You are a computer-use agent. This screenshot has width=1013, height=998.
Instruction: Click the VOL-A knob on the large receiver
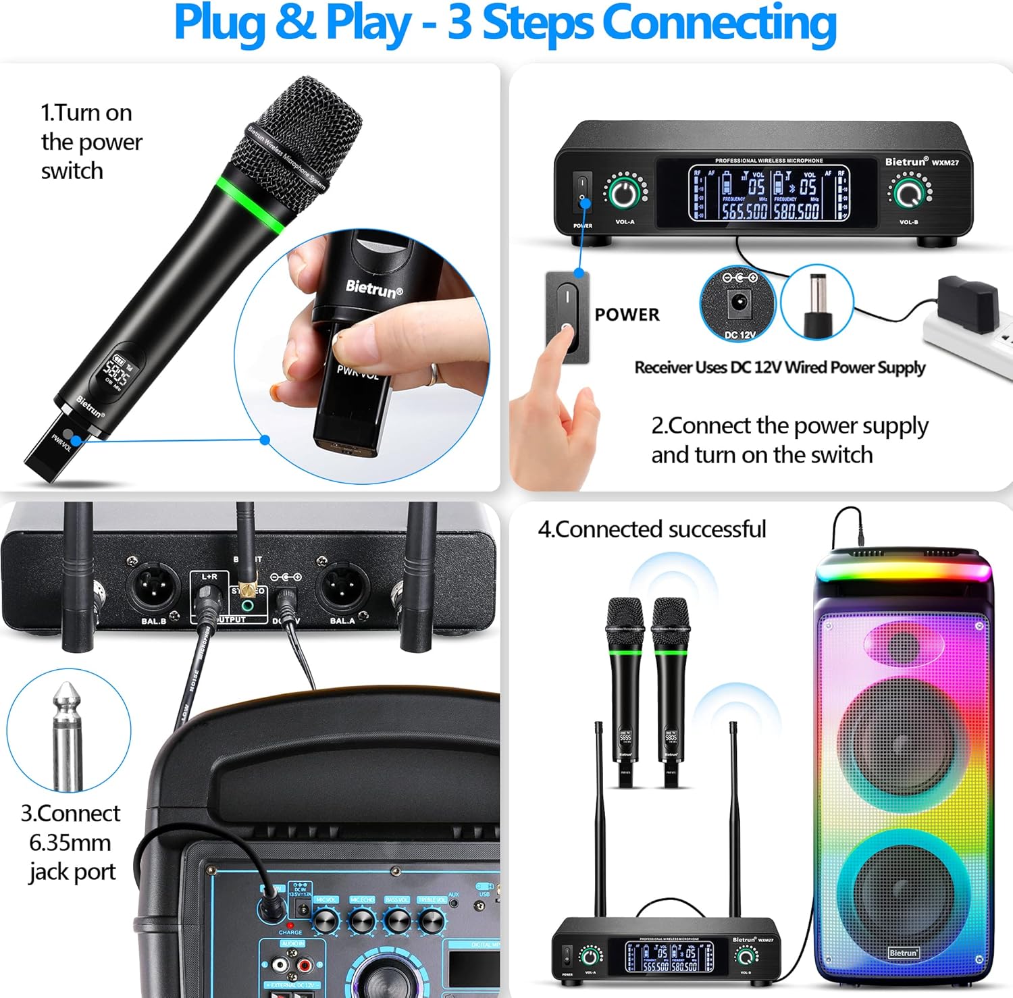click(x=625, y=192)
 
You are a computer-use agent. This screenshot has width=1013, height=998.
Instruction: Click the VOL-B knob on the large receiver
click(x=908, y=192)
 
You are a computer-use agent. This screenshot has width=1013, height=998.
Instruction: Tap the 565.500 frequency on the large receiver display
click(x=744, y=211)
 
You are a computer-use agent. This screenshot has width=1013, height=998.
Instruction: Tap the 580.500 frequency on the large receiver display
click(x=796, y=211)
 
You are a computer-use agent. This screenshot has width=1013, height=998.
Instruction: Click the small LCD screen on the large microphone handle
click(x=116, y=369)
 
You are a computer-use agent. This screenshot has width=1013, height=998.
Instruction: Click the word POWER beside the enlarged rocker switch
click(x=627, y=315)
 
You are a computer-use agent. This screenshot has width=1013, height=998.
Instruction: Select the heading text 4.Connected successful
click(x=652, y=529)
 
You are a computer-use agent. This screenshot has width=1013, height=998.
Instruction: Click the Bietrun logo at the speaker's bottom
click(x=903, y=953)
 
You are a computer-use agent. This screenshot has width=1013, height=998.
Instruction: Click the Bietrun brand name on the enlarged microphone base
click(x=373, y=288)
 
